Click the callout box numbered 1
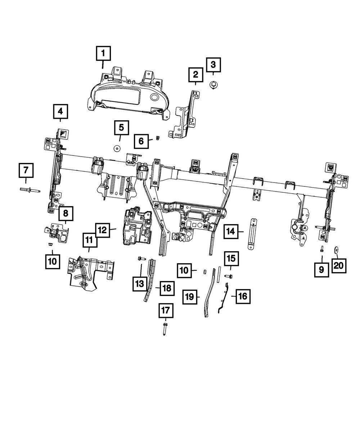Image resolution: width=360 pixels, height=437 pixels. click(x=103, y=54)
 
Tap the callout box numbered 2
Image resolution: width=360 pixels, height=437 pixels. click(x=195, y=75)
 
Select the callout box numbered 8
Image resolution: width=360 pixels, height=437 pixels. click(x=66, y=213)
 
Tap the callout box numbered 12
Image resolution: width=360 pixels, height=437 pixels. click(x=103, y=230)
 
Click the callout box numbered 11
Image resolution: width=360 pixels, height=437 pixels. click(x=89, y=240)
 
